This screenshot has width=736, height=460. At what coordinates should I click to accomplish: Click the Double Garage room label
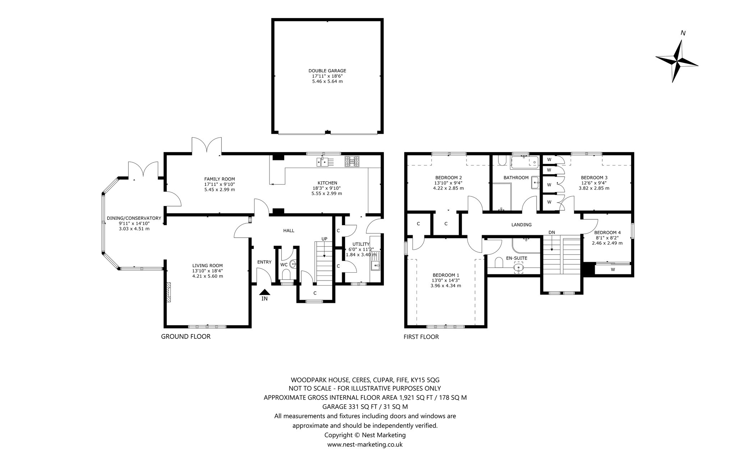pyautogui.click(x=327, y=71)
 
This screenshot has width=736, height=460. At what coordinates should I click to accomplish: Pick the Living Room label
pyautogui.click(x=208, y=265)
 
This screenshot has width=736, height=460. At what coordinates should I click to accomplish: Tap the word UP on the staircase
pyautogui.click(x=324, y=239)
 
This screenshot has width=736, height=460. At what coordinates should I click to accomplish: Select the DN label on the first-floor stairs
pyautogui.click(x=552, y=232)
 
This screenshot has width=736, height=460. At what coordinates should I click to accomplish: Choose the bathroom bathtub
pyautogui.click(x=524, y=162)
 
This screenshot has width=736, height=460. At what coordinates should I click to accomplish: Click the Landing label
pyautogui.click(x=521, y=225)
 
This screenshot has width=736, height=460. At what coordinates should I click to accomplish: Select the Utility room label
pyautogui.click(x=361, y=244)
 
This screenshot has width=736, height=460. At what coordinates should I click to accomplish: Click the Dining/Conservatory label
pyautogui.click(x=134, y=218)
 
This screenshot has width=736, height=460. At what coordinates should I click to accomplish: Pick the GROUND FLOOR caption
pyautogui.click(x=185, y=337)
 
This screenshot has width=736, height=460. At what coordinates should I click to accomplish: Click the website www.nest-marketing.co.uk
pyautogui.click(x=365, y=445)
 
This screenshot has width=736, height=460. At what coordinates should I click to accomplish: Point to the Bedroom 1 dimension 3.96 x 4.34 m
pyautogui.click(x=446, y=286)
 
